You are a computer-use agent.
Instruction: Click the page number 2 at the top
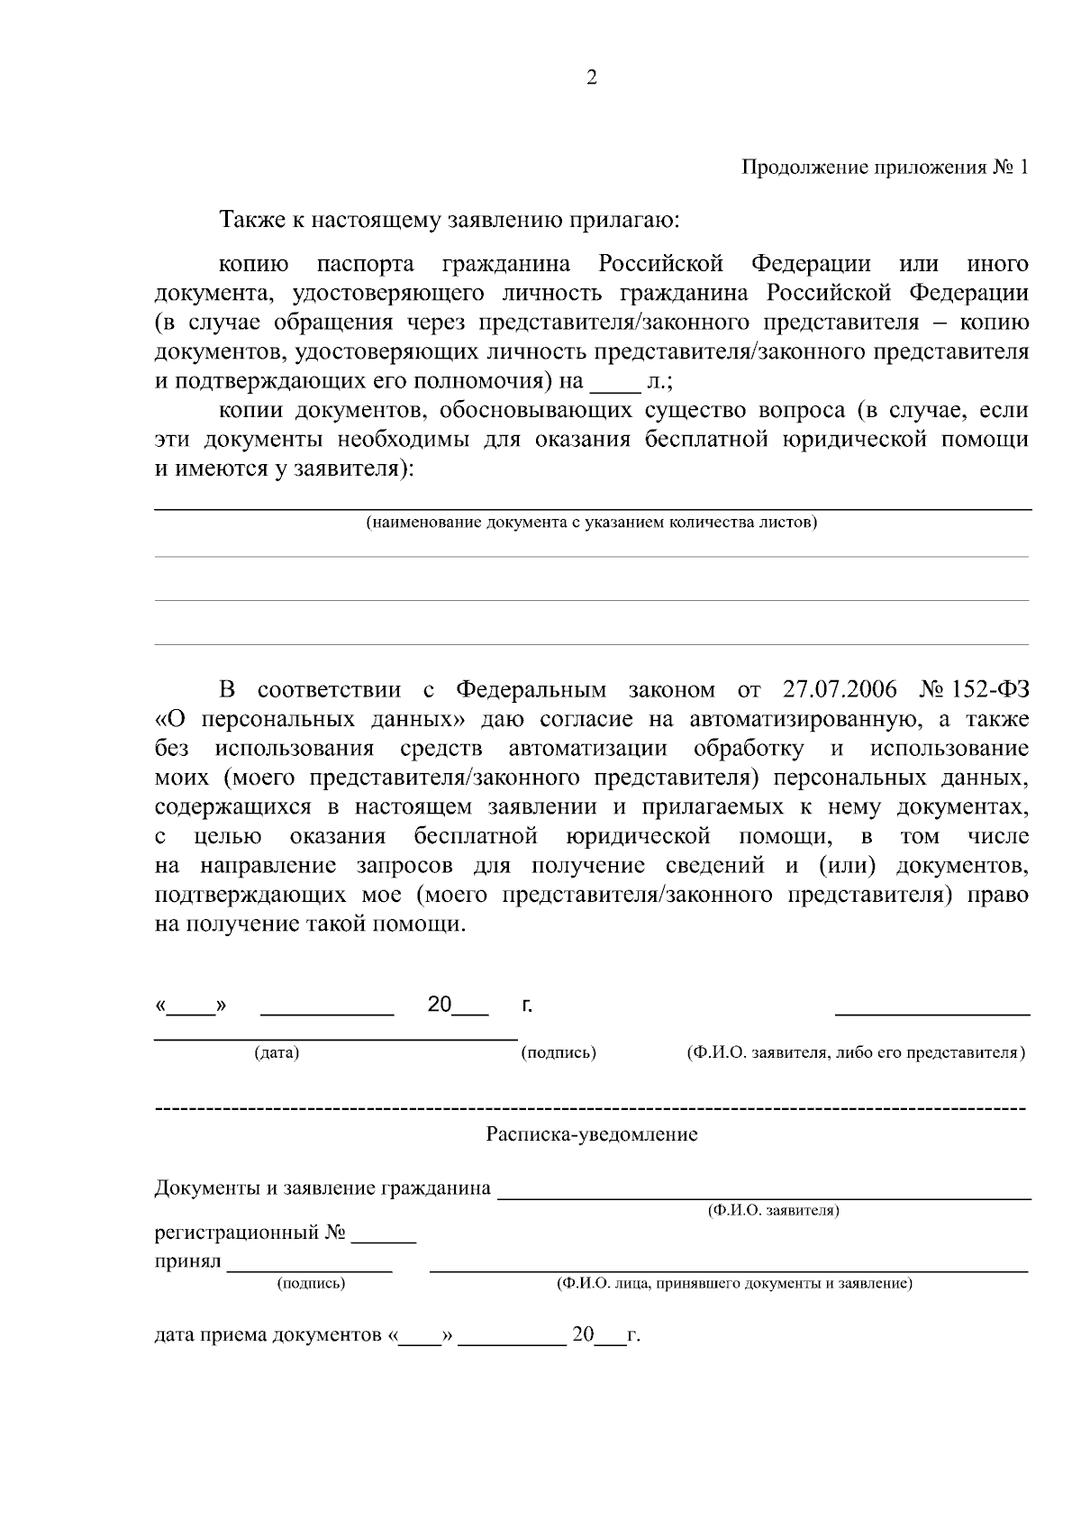click(x=591, y=78)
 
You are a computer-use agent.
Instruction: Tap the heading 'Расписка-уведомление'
click(x=592, y=1134)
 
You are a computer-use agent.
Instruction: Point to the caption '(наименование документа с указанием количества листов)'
click(x=591, y=523)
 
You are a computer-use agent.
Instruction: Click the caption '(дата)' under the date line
click(x=277, y=1052)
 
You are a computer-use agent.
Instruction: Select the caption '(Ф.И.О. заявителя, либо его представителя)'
click(x=856, y=1052)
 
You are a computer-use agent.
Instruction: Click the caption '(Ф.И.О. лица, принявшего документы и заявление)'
click(x=733, y=1283)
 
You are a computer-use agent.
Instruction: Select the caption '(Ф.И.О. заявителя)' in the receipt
click(x=773, y=1211)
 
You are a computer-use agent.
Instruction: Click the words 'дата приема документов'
click(x=267, y=1335)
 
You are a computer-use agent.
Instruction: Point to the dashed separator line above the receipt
click(x=591, y=1106)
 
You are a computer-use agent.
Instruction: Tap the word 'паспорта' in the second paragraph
click(x=365, y=265)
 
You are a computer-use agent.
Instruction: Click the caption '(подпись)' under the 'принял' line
click(x=311, y=1283)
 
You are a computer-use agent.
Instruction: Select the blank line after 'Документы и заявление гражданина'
click(x=764, y=1197)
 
